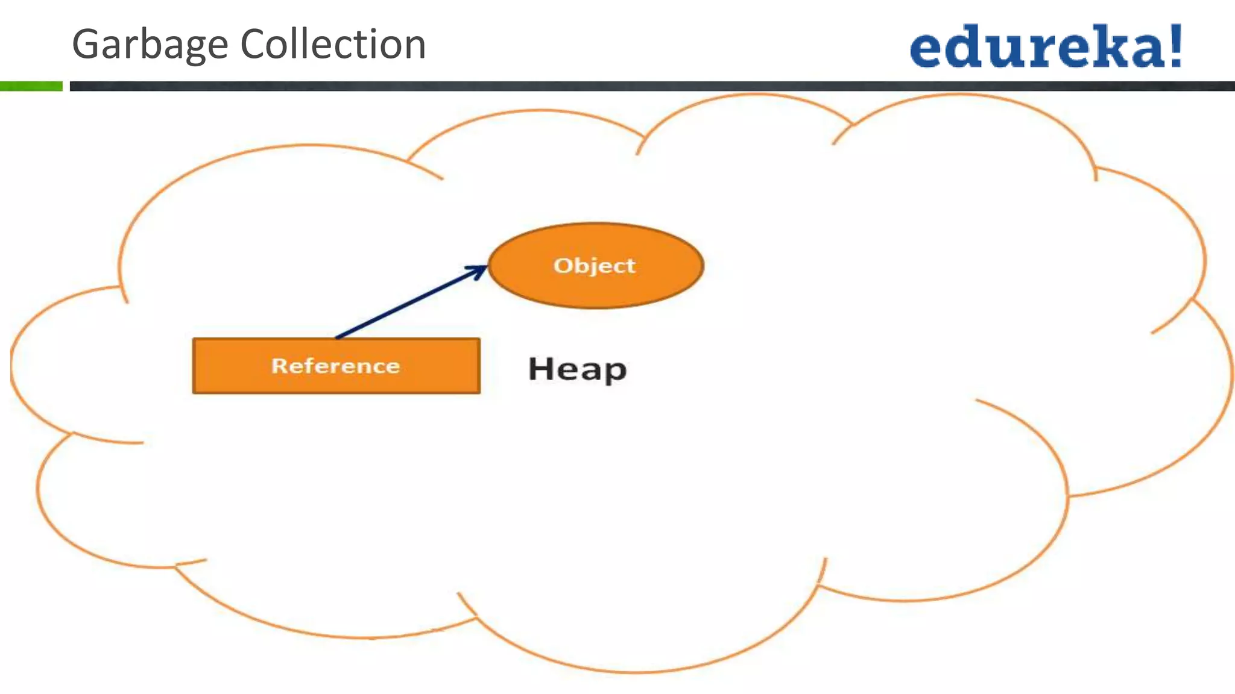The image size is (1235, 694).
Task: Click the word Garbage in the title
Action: coord(150,45)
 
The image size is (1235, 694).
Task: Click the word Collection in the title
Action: coord(333,45)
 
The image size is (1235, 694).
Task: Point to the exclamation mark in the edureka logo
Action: coord(1175,45)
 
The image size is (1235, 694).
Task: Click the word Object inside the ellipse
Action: coord(595,266)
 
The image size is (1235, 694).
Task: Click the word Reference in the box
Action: coord(335,366)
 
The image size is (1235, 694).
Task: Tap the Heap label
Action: coord(577,369)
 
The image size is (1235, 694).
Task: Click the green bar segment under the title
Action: coord(31,86)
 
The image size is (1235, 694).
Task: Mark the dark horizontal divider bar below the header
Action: coord(651,86)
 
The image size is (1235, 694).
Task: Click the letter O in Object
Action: coord(562,266)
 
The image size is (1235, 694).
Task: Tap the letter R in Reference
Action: coord(279,366)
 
